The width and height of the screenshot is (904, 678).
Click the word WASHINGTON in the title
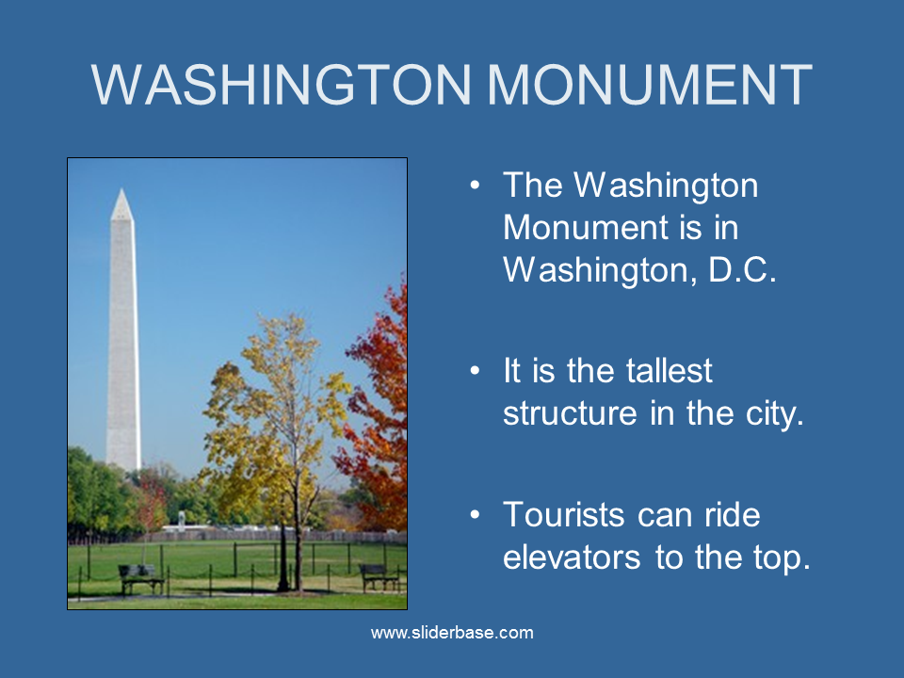coord(281,85)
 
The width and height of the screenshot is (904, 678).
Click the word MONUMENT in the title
coord(650,85)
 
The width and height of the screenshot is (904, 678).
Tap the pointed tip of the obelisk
coord(121,190)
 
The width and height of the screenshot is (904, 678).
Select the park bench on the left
coord(140,578)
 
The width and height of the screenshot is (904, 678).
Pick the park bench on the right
coord(379,576)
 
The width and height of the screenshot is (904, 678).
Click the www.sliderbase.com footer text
coord(452,633)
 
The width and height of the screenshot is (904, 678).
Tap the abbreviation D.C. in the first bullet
coord(743,269)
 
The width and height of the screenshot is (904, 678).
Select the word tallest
coord(670,370)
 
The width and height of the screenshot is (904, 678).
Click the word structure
coord(571,413)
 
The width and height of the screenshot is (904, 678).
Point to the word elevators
coord(572,557)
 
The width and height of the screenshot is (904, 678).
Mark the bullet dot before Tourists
coord(475,514)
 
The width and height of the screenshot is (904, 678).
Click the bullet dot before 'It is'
coord(475,370)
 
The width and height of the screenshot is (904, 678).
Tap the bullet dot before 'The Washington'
coord(475,186)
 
